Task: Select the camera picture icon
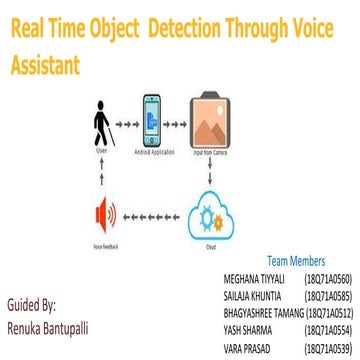[219, 118]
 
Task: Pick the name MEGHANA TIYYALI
[257, 277]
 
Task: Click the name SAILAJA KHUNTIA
[257, 295]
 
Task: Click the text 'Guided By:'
[31, 303]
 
